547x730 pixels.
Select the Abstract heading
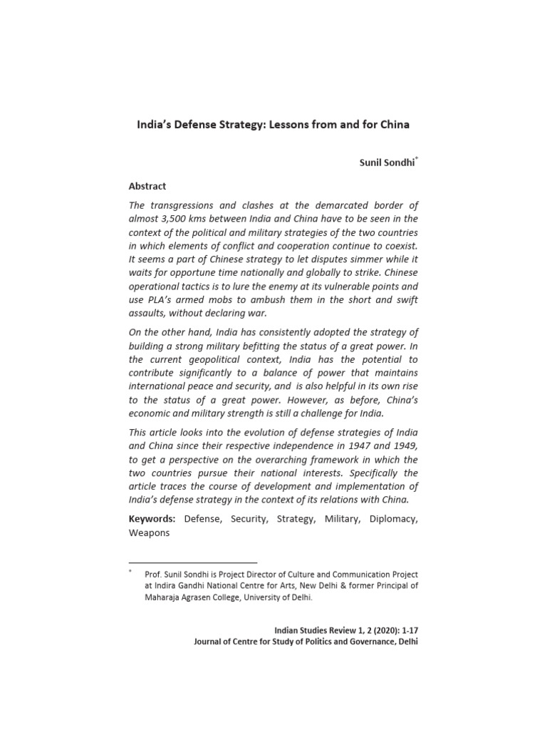[147, 186]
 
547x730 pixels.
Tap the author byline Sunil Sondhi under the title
[387, 163]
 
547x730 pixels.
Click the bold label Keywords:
[152, 520]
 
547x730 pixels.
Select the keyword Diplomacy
[392, 520]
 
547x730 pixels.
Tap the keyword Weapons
[149, 533]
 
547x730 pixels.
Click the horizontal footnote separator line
[192, 562]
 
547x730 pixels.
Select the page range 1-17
[407, 631]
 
